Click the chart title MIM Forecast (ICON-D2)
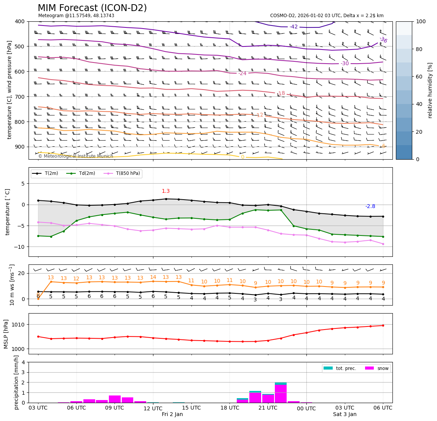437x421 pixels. [92, 8]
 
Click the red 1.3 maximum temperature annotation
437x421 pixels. [166, 191]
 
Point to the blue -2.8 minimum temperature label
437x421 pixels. [370, 206]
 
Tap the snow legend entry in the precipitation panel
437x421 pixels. [383, 368]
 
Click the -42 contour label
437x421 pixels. [293, 27]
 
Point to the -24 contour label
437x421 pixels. [242, 73]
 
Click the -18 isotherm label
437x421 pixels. [281, 93]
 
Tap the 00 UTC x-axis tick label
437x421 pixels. [306, 408]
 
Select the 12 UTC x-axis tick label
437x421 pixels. [153, 408]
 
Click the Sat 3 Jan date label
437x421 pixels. [344, 415]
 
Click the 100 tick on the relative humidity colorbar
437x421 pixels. [421, 21]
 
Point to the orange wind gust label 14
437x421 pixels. [153, 277]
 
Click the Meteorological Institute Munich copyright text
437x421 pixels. [76, 156]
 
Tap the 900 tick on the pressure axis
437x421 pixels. [19, 147]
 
